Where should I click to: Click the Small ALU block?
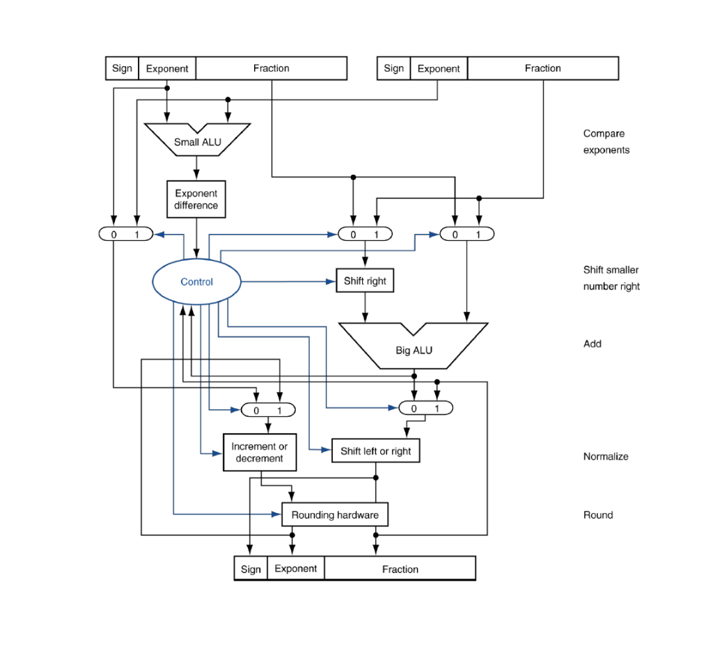(197, 141)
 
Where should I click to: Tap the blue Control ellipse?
(197, 282)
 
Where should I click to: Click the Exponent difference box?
(196, 199)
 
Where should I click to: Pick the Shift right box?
(365, 281)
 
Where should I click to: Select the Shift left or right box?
(375, 451)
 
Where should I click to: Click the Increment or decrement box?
(259, 452)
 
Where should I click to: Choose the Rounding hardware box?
(334, 515)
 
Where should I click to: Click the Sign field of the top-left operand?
(122, 68)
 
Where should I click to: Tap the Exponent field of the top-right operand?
(438, 68)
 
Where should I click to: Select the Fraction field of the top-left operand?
(271, 68)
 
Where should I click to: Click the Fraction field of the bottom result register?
(400, 569)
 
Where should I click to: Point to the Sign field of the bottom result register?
(251, 569)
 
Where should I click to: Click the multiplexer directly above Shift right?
(364, 235)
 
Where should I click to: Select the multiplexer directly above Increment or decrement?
(267, 410)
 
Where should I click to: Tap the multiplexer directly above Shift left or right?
(425, 409)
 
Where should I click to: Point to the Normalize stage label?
(606, 457)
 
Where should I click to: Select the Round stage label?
(598, 515)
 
